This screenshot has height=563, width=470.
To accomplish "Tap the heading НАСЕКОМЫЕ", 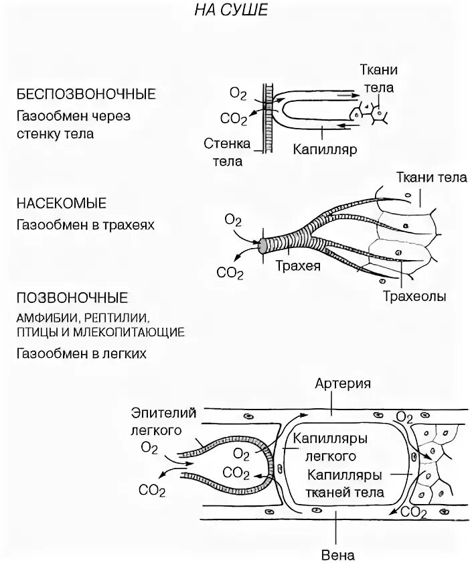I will [62, 202].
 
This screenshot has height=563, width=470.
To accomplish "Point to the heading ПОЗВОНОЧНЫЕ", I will [72, 297].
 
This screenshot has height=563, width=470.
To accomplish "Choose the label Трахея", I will [298, 265].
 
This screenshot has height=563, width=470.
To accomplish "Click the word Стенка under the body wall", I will [227, 144].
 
